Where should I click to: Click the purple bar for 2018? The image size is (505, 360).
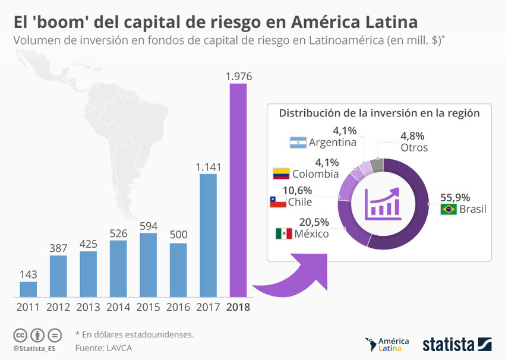[x=238, y=190]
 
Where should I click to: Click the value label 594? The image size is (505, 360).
[x=148, y=226]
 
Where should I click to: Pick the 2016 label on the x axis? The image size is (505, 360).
[x=178, y=307]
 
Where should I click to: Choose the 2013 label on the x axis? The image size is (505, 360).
[x=88, y=307]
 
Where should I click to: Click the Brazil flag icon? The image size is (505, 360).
[x=448, y=209]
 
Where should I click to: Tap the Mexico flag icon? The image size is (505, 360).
[x=283, y=233]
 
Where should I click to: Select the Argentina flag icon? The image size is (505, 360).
[x=298, y=143]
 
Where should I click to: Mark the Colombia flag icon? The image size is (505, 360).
[x=281, y=173]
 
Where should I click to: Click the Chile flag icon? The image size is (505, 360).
[x=277, y=202]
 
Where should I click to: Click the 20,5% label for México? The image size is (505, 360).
[x=314, y=221]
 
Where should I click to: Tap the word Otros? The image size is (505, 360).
[x=414, y=147]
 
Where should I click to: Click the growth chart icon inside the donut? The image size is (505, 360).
[x=383, y=203]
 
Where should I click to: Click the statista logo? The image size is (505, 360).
[x=457, y=345]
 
